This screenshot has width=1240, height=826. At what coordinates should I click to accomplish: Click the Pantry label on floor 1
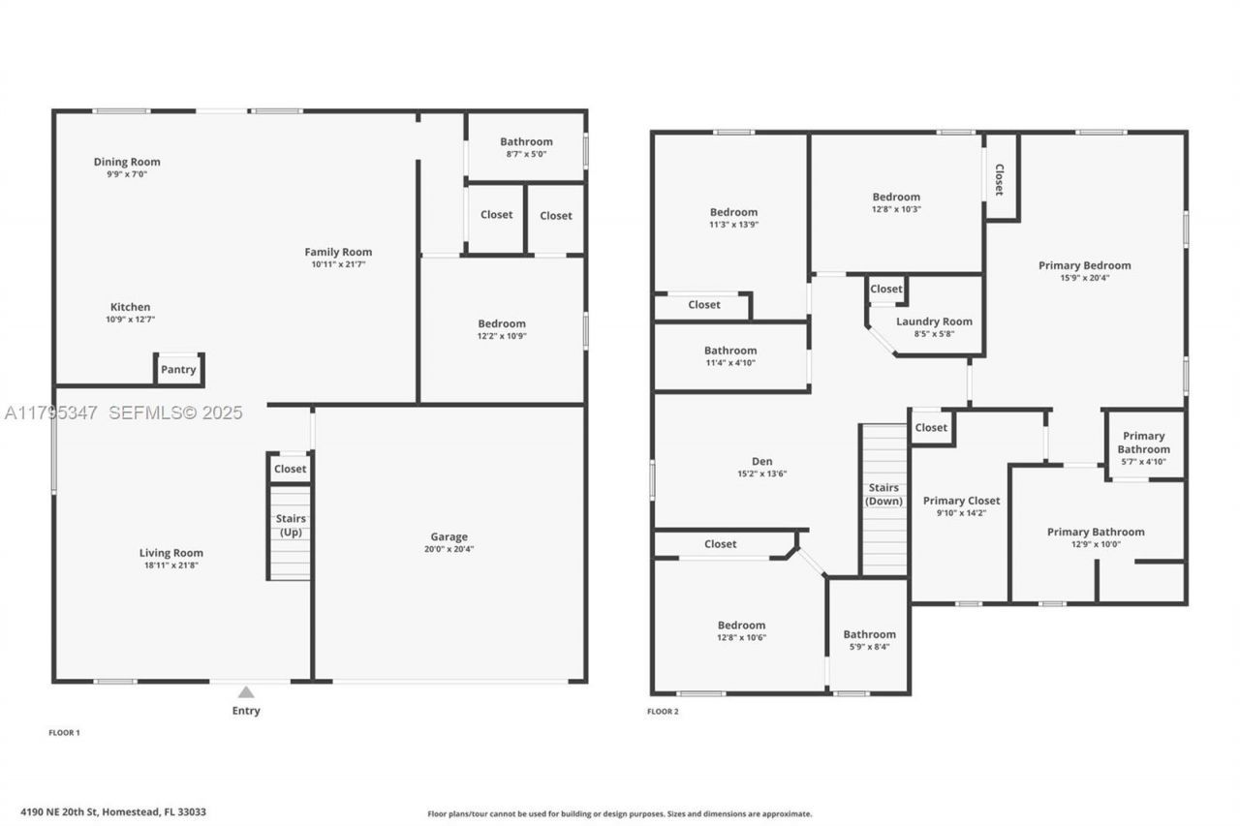(x=178, y=369)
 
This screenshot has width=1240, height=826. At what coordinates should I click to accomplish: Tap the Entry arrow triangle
(x=246, y=691)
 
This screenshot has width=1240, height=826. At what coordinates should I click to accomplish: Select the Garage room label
(x=449, y=536)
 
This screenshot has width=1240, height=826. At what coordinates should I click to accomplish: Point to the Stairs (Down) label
(x=883, y=494)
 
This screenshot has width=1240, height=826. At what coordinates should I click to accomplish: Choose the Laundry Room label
(x=934, y=321)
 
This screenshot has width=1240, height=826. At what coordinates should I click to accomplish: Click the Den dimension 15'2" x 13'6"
(x=762, y=474)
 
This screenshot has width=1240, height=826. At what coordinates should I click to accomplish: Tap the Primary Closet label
(x=961, y=501)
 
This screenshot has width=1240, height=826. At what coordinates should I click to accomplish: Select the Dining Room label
(x=127, y=162)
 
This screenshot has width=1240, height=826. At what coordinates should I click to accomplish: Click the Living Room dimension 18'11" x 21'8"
(x=170, y=566)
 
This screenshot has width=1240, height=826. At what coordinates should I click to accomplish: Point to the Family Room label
(x=338, y=252)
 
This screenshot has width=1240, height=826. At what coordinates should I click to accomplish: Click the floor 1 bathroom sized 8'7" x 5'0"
(x=526, y=146)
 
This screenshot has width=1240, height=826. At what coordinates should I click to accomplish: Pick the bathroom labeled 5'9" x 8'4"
(x=869, y=640)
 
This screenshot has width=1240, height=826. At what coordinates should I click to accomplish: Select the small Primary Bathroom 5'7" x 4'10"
(x=1143, y=448)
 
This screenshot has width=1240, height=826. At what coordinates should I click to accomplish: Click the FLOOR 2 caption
(x=663, y=712)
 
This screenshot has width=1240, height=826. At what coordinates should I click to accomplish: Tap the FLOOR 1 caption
(x=64, y=733)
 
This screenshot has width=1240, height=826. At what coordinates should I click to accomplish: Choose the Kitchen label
(x=130, y=307)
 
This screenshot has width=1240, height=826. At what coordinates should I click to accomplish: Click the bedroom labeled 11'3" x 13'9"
(x=733, y=218)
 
